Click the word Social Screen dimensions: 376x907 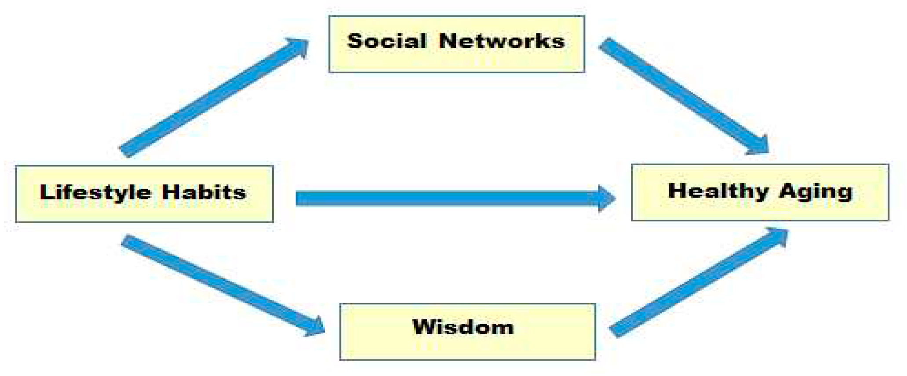pyautogui.click(x=386, y=41)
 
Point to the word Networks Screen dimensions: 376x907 pyautogui.click(x=501, y=41)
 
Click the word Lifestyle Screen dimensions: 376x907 pyautogui.click(x=95, y=192)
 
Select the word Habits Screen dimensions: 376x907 pyautogui.click(x=204, y=192)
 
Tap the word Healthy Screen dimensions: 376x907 pyautogui.click(x=718, y=191)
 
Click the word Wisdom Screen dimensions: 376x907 pyautogui.click(x=463, y=327)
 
